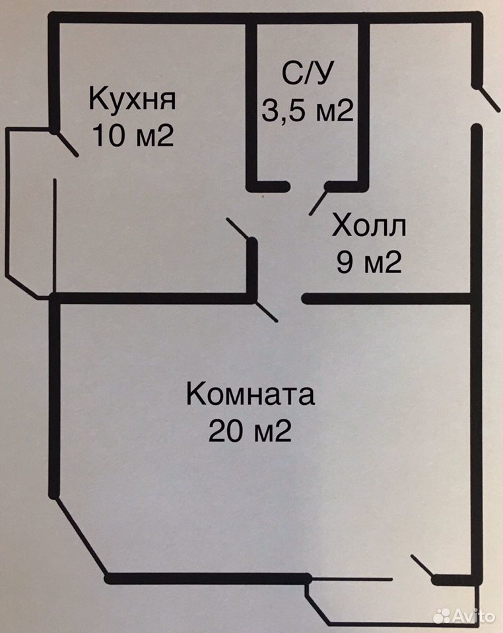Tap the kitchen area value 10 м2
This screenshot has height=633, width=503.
click(x=133, y=135)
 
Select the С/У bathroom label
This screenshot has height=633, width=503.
click(x=308, y=73)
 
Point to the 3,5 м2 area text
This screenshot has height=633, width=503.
click(x=308, y=110)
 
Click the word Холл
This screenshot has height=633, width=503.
click(x=369, y=226)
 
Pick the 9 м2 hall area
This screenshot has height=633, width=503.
click(x=369, y=262)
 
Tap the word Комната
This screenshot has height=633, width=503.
click(x=250, y=394)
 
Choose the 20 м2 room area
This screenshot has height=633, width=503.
click(x=250, y=431)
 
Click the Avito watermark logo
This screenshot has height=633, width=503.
click(x=464, y=616)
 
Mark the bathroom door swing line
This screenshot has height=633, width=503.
click(x=319, y=200)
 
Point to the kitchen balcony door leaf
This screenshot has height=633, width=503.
click(x=65, y=143)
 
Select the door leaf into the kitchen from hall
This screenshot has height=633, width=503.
click(x=238, y=229)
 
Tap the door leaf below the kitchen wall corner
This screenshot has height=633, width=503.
click(x=265, y=311)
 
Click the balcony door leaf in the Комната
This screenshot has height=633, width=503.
click(x=422, y=567)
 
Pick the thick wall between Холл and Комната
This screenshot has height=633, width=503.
click(x=389, y=299)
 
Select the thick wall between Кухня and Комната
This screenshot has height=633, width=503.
click(x=152, y=299)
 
